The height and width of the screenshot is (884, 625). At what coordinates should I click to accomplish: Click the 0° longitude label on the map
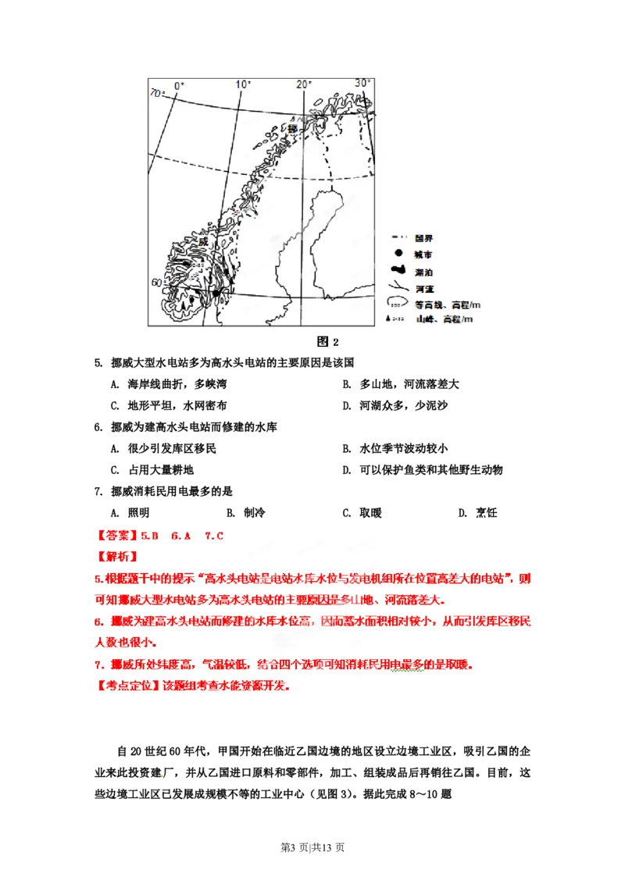[x=178, y=85]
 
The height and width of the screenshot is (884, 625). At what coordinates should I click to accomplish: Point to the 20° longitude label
[x=304, y=84]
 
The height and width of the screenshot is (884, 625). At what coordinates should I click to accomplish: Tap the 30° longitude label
[x=362, y=83]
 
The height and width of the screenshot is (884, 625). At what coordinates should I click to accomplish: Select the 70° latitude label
[x=157, y=94]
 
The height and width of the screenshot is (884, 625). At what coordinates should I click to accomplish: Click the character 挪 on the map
[x=292, y=128]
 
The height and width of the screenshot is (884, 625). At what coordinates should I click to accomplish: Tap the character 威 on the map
[x=204, y=241]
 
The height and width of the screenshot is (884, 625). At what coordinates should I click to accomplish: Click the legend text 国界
[x=424, y=237]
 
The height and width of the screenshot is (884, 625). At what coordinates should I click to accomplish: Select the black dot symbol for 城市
[x=398, y=254]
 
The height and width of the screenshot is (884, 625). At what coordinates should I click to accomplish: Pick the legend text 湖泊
[x=424, y=272]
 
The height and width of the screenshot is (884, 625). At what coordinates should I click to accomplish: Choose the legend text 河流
[x=424, y=288]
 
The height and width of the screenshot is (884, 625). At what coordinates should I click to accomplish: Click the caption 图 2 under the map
[x=327, y=341]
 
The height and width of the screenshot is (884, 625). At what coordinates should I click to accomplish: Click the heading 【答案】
[x=116, y=536]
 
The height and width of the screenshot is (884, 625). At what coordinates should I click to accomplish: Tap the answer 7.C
[x=214, y=536]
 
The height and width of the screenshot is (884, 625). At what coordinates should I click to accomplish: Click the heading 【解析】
[x=116, y=557]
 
